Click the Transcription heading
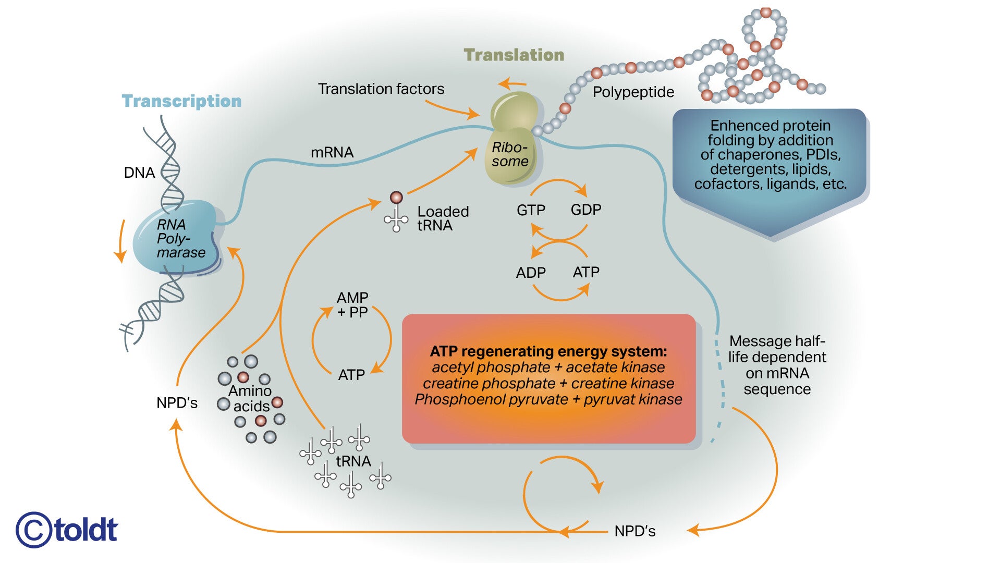click(x=181, y=101)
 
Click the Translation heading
click(x=514, y=55)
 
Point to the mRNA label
click(x=332, y=152)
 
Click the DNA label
click(x=139, y=173)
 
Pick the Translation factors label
click(x=381, y=89)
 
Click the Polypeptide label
click(x=633, y=92)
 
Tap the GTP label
click(x=531, y=210)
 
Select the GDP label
click(x=586, y=210)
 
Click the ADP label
click(x=531, y=273)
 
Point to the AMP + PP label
click(x=353, y=305)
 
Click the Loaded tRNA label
click(x=443, y=218)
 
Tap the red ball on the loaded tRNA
click(x=396, y=198)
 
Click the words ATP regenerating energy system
click(x=548, y=351)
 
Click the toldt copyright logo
click(x=67, y=530)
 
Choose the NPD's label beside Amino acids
click(x=177, y=403)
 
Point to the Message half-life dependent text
click(x=777, y=365)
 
